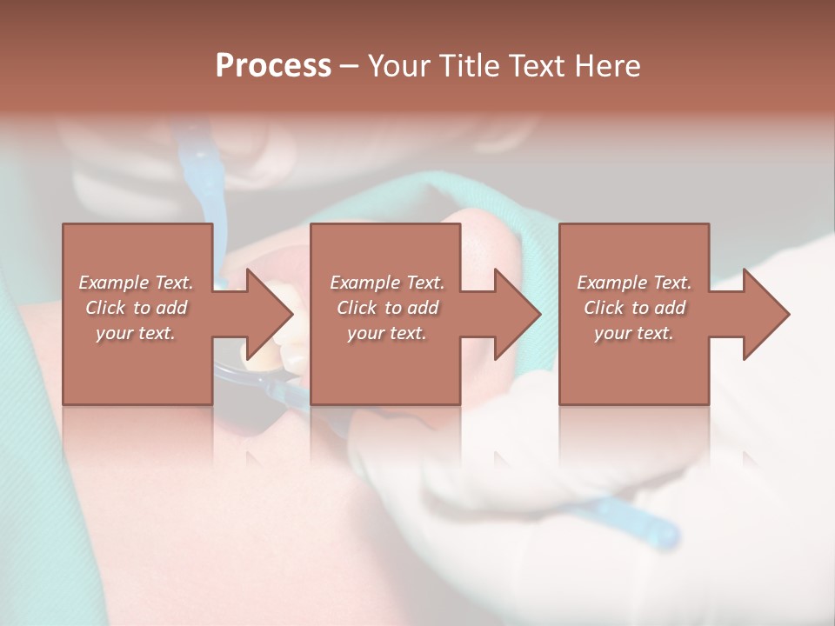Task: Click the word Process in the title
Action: (x=273, y=66)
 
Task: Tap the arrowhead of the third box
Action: (x=765, y=314)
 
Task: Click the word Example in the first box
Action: (x=113, y=283)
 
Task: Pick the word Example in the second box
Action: (x=364, y=283)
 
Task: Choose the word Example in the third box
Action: (x=611, y=283)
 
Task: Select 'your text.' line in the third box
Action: (x=633, y=333)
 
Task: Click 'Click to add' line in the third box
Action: (x=634, y=308)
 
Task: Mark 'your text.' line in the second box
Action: (x=386, y=333)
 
